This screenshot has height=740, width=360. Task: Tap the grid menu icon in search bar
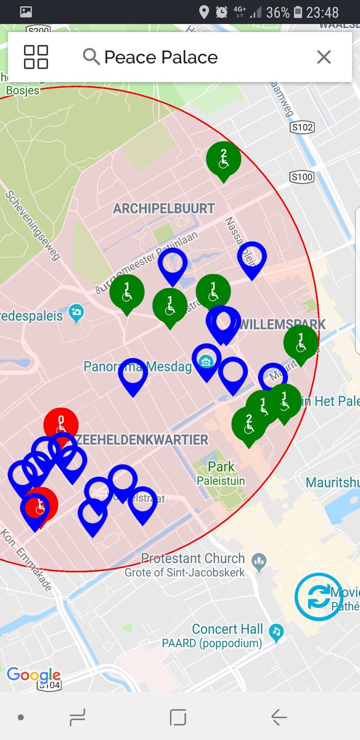tap(36, 57)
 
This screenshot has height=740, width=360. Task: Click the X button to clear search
tap(324, 57)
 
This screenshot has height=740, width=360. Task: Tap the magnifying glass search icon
tap(91, 57)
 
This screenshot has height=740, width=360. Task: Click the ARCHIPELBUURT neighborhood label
tap(164, 208)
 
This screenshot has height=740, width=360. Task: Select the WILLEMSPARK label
tap(282, 324)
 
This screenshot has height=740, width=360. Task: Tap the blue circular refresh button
tap(318, 596)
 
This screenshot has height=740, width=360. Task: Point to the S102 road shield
tap(302, 127)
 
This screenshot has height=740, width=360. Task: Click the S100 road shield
tap(302, 178)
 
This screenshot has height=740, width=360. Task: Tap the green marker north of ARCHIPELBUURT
tap(223, 159)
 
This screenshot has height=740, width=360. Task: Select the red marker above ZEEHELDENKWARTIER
tap(61, 424)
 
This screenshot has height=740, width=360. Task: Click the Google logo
tap(34, 675)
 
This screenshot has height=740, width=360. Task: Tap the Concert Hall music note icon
tap(278, 630)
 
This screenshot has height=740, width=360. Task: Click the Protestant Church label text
tap(193, 559)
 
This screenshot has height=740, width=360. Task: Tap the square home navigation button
tap(178, 717)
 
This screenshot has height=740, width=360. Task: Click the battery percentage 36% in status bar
tap(277, 12)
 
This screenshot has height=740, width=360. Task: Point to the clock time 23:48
tap(322, 12)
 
